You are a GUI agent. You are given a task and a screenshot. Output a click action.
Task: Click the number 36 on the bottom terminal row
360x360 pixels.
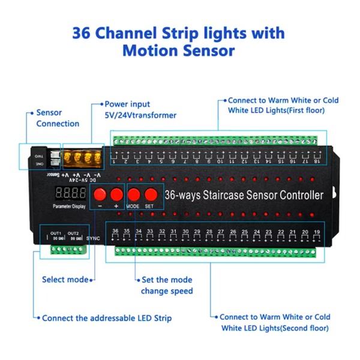(115, 231)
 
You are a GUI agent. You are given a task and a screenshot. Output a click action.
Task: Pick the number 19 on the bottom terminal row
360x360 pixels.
(317, 231)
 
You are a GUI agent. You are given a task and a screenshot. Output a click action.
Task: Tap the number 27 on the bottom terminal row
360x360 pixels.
(221, 231)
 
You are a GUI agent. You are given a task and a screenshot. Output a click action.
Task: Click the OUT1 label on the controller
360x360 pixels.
(56, 233)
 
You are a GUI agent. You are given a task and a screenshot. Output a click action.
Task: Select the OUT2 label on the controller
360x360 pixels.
(73, 233)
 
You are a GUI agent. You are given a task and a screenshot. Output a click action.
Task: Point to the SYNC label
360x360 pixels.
(94, 238)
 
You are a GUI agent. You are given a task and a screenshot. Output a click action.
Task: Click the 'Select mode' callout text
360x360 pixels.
(65, 280)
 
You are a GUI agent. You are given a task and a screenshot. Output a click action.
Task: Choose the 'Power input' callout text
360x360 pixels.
(127, 104)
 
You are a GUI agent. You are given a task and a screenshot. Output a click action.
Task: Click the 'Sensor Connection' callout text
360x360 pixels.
(58, 118)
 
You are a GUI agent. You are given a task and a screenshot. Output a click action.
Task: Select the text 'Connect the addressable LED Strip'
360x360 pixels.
(107, 318)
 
